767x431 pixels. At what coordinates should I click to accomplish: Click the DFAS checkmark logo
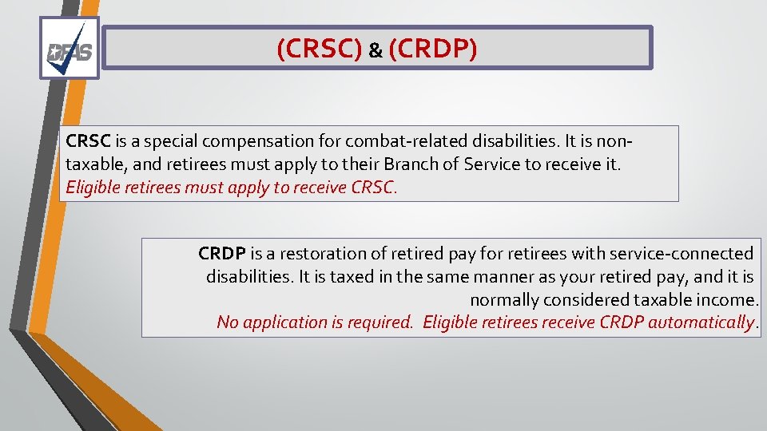70,48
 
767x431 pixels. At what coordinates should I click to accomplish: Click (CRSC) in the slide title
319,49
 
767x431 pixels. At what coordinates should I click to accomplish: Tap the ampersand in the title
376,51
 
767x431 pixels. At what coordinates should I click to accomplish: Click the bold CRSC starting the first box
89,141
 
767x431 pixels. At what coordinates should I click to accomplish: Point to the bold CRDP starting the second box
222,254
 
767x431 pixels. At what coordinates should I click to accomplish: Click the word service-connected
681,254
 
